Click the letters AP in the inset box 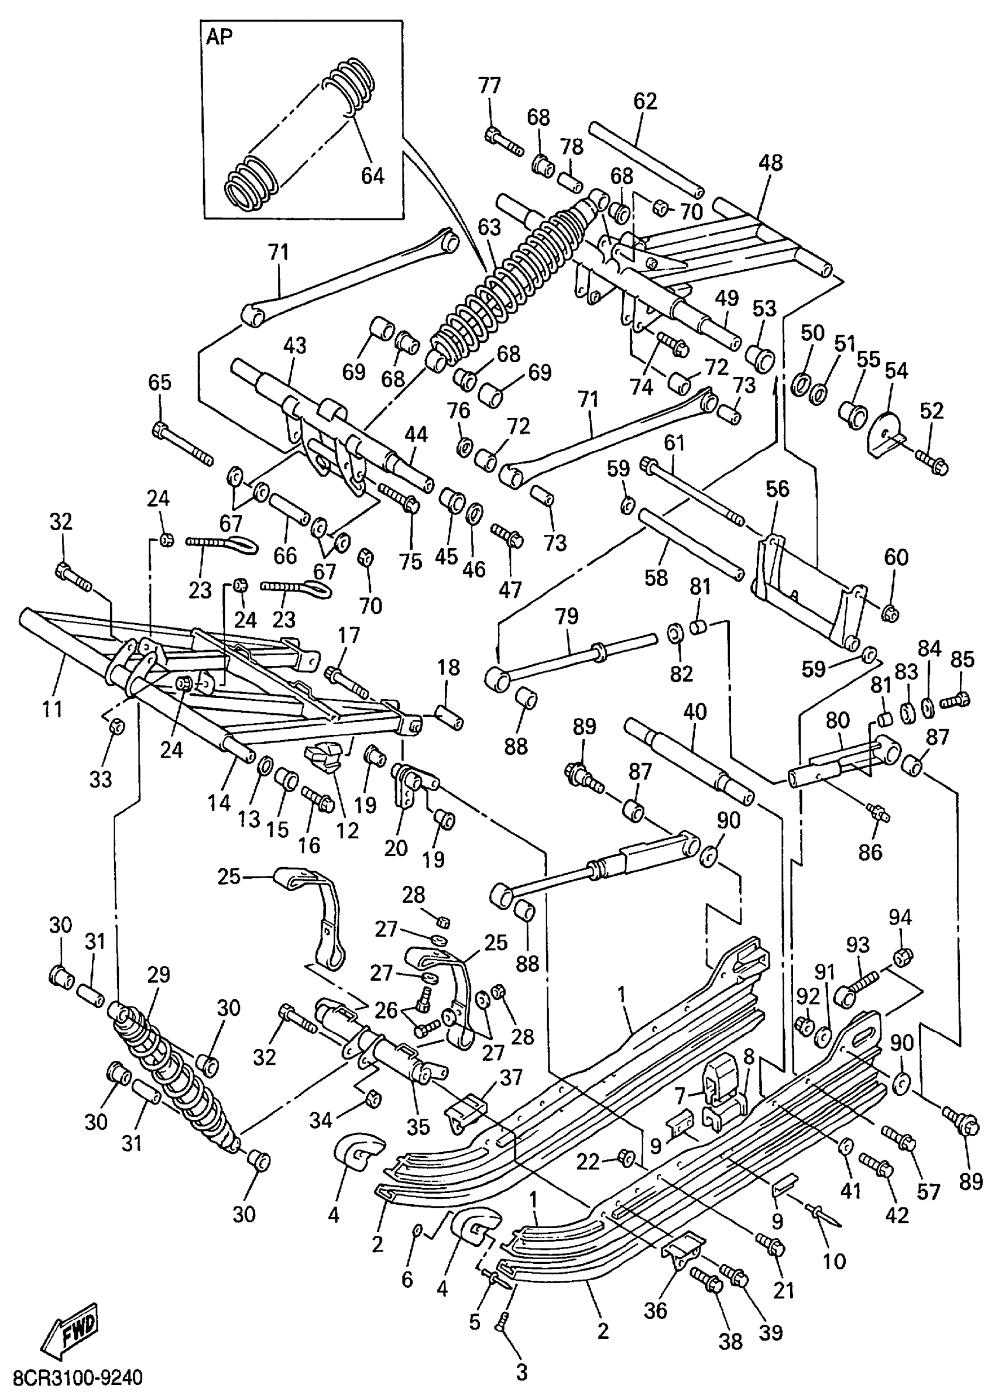click(219, 37)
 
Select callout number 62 click(644, 101)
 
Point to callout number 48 click(770, 161)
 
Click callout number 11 click(53, 709)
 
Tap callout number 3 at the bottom click(521, 1372)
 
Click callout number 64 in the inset click(372, 176)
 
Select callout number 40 click(695, 711)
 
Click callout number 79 click(567, 616)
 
